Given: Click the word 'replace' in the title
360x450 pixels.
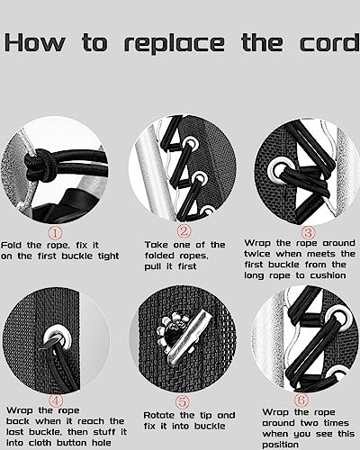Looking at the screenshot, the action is (x=175, y=44).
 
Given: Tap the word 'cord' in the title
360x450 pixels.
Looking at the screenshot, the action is (x=329, y=42).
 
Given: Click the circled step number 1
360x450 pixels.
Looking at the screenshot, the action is (x=56, y=233).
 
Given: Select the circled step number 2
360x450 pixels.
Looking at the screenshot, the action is (x=184, y=231).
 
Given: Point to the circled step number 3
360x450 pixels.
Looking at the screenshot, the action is (x=308, y=233).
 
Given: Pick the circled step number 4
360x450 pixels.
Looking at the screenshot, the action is (x=56, y=400).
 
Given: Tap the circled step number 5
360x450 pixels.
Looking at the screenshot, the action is (x=183, y=401).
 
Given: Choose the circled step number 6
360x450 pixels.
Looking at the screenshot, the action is (x=301, y=400).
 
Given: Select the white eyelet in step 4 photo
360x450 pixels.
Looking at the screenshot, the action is (x=58, y=339).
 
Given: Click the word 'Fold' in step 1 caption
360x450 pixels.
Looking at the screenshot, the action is (x=12, y=245).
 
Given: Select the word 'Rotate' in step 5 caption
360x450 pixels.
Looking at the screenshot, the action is (x=159, y=416).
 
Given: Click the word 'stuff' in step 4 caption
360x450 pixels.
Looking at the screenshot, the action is (x=103, y=432).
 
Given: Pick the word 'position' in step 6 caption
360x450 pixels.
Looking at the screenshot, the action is (x=280, y=445).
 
